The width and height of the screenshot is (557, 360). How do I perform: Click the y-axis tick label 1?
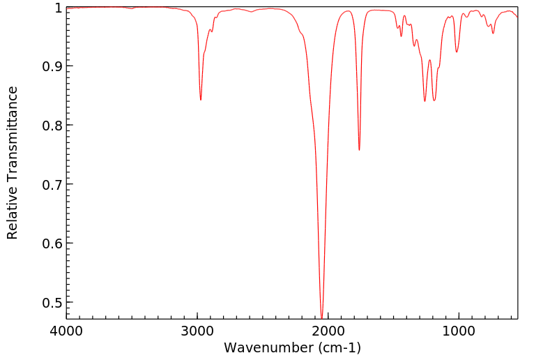click(55, 8)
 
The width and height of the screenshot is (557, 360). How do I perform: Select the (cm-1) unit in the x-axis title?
click(337, 347)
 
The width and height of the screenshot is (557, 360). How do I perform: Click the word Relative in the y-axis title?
click(13, 213)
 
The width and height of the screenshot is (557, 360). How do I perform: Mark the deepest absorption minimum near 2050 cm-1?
click(321, 317)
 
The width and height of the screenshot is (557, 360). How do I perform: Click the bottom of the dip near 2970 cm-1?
click(201, 100)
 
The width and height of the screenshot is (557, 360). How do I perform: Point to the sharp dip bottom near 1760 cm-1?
click(359, 150)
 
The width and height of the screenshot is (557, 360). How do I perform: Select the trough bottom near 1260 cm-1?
click(425, 101)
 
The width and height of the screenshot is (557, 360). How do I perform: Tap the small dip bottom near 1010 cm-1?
click(457, 52)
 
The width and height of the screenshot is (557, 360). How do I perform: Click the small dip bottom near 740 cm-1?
click(493, 33)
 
